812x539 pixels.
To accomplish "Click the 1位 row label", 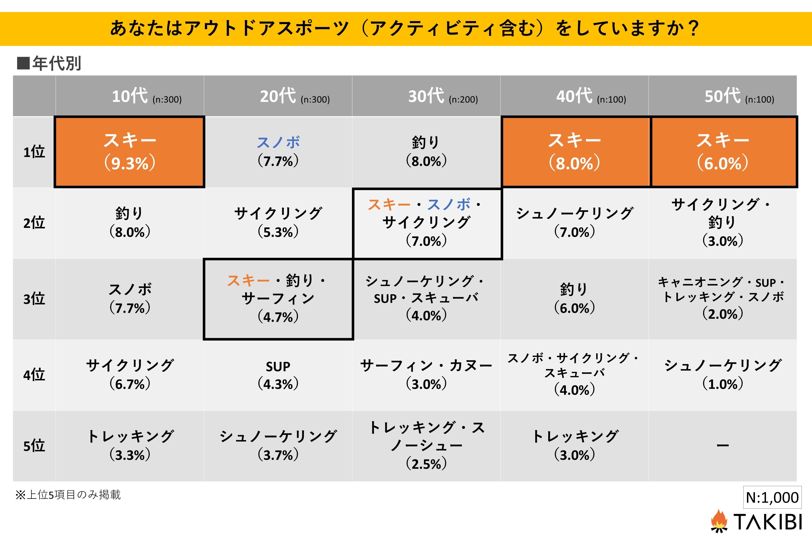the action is [34, 152].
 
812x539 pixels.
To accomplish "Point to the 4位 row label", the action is [34, 374].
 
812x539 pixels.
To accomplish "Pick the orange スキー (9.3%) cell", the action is [130, 152].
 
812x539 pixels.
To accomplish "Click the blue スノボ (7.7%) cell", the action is [278, 152].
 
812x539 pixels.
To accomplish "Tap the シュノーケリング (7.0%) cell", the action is [574, 222].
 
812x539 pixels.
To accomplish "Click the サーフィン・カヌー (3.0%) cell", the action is [426, 374].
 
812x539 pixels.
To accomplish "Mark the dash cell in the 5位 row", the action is [723, 446].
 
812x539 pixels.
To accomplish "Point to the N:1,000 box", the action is [772, 497].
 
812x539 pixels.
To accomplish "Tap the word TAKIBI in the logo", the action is [768, 522].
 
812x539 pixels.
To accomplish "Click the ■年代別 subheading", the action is [49, 63].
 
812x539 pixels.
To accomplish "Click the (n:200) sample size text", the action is [463, 100].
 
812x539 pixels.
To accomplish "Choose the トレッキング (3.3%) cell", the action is [130, 446].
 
